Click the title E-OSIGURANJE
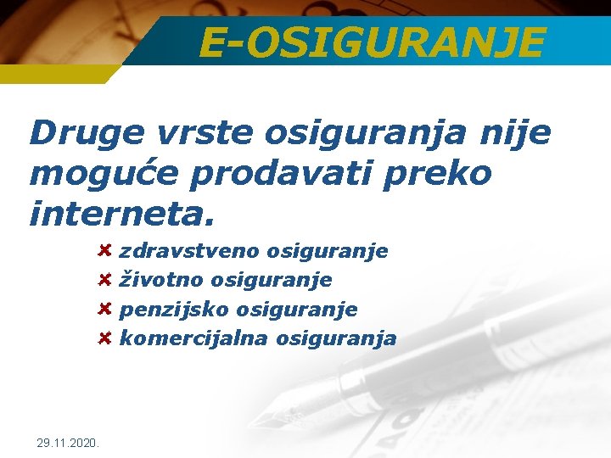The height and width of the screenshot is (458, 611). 372,42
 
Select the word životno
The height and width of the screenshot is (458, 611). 161,280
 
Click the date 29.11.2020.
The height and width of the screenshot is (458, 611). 69,443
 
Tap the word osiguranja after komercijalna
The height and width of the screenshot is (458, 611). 342,338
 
